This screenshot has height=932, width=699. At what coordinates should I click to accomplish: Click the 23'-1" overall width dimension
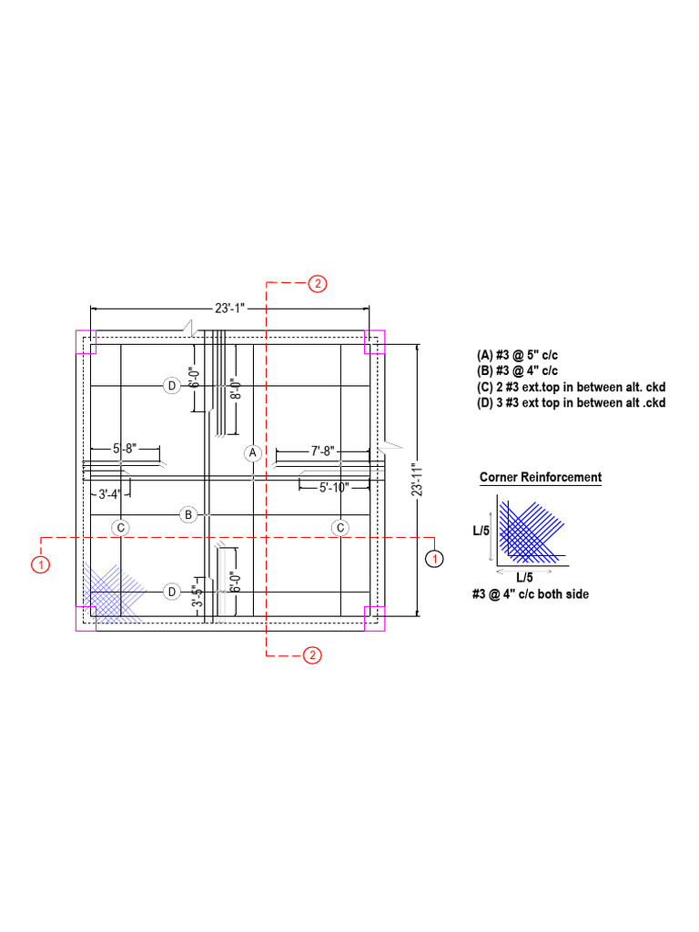(230, 309)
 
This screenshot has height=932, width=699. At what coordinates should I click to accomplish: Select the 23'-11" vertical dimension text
(417, 481)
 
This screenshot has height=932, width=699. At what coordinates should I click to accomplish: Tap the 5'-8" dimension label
(125, 448)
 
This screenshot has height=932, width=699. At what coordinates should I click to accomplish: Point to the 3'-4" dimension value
(109, 494)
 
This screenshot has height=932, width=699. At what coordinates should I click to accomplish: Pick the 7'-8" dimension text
(323, 451)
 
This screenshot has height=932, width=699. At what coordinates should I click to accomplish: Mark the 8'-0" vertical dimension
(236, 389)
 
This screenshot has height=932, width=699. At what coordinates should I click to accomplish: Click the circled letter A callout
(253, 453)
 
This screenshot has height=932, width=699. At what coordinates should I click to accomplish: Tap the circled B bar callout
(188, 515)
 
